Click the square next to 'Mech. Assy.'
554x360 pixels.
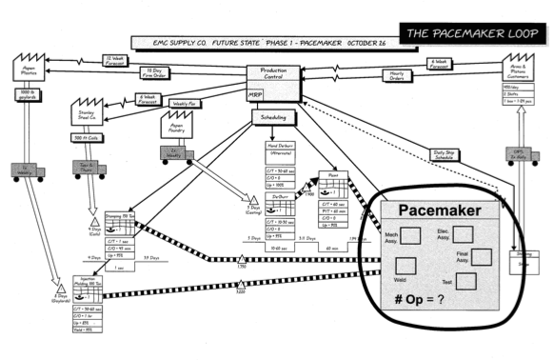pyautogui.click(x=416, y=236)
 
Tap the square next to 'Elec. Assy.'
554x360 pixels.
pyautogui.click(x=463, y=234)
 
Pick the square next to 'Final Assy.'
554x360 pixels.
pyautogui.click(x=480, y=257)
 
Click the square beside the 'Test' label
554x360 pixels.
pyautogui.click(x=466, y=280)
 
